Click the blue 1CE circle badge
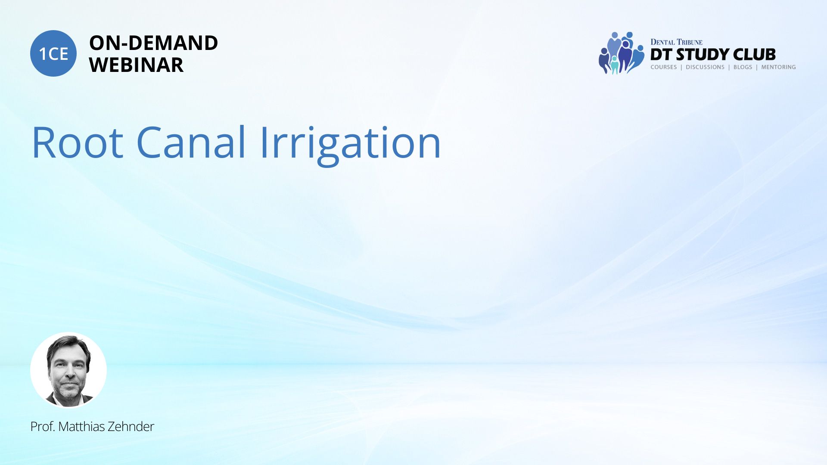(x=53, y=53)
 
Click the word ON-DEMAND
(x=153, y=43)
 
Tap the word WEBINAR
(x=136, y=65)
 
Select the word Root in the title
(x=78, y=143)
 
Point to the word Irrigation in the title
(x=351, y=145)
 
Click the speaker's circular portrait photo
(x=68, y=370)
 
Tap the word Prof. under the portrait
(x=43, y=427)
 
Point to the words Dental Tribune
(x=676, y=42)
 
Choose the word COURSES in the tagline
(x=664, y=67)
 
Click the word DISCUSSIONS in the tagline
(x=705, y=67)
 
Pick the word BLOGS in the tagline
(x=743, y=67)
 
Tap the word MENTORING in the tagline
(x=778, y=67)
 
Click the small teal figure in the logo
(x=615, y=65)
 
